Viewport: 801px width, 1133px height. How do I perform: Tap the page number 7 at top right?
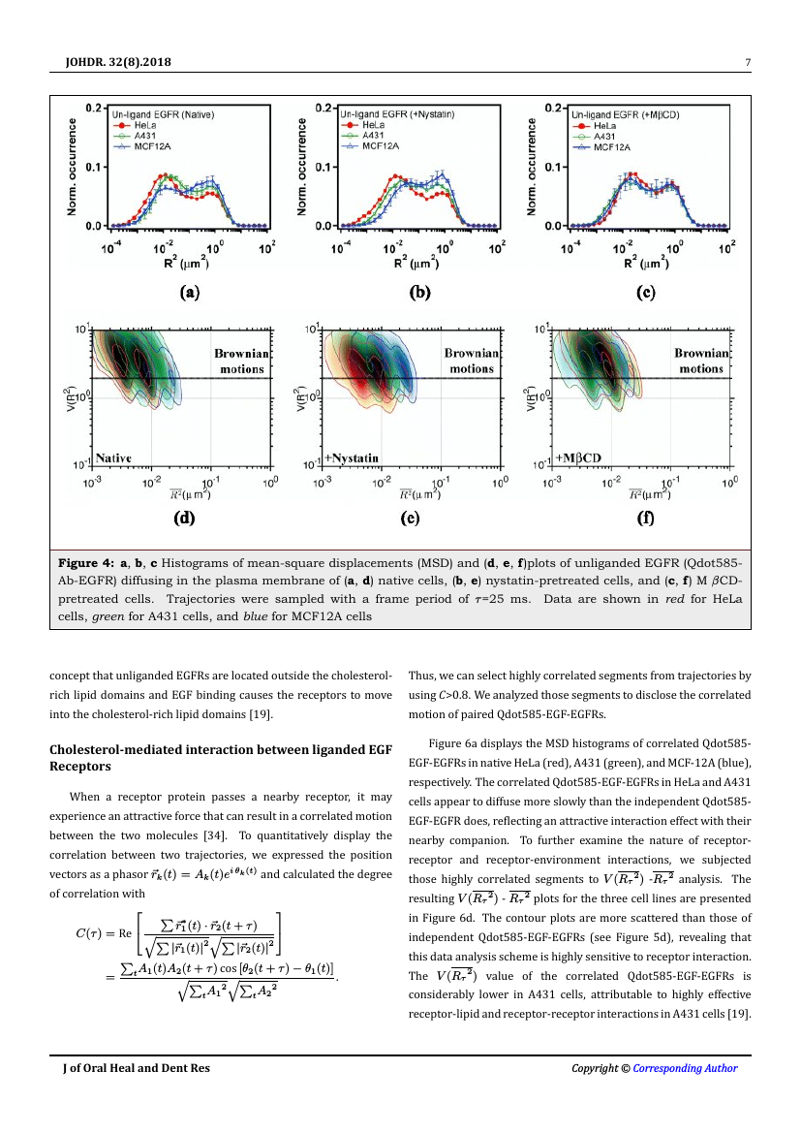click(748, 64)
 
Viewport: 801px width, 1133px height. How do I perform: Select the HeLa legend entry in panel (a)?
click(143, 126)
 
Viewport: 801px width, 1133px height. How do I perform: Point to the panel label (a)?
click(189, 290)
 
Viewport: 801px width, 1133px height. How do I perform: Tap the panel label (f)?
click(645, 518)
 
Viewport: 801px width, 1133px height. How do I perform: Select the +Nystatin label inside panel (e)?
click(352, 457)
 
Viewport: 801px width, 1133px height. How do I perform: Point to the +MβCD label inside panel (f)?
click(579, 457)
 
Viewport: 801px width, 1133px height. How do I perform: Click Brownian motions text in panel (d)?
click(240, 361)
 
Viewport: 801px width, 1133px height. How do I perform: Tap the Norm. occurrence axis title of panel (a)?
click(74, 166)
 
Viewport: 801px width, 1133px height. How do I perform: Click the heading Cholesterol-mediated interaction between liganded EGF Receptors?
click(221, 757)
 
